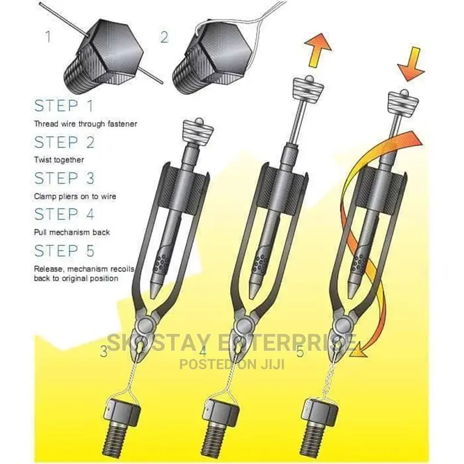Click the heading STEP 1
tap(64, 106)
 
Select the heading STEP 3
tap(64, 178)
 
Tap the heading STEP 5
tap(64, 251)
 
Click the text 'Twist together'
tap(59, 160)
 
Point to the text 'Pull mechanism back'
tap(72, 233)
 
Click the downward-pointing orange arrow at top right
tap(411, 64)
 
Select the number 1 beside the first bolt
tap(49, 36)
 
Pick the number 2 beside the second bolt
tap(164, 37)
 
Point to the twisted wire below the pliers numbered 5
tap(331, 380)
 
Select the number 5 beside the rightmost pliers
tap(300, 352)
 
